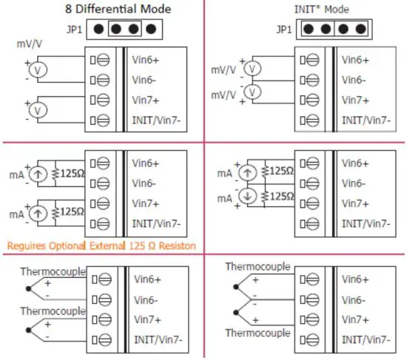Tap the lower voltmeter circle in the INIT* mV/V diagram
pos(253,92)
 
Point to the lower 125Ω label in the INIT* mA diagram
pos(280,197)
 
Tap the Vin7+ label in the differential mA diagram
pos(147,203)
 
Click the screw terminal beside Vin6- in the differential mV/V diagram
pos(104,78)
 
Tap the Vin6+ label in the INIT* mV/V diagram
pos(356,60)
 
